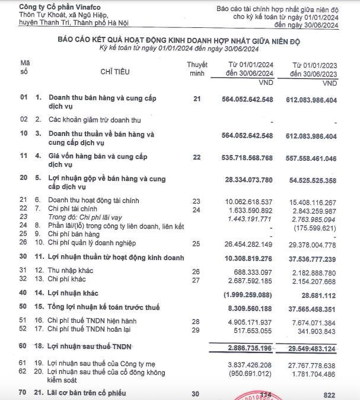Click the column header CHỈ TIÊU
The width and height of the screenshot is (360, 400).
coord(117,72)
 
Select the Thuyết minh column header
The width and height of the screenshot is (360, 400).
coord(196,68)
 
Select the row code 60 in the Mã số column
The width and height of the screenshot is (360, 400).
coord(24,345)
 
